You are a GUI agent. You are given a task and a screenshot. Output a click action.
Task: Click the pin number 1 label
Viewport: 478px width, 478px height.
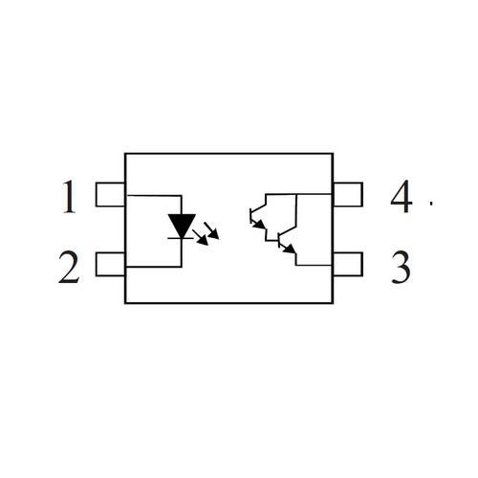tap(70, 197)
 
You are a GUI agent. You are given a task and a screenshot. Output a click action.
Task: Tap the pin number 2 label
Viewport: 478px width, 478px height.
tap(69, 267)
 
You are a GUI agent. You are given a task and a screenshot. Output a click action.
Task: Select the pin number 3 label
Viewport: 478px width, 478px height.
tap(401, 268)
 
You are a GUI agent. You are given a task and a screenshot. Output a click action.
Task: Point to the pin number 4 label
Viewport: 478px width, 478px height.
tap(402, 196)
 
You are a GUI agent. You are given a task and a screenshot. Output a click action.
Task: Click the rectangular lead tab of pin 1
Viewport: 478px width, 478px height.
tap(110, 195)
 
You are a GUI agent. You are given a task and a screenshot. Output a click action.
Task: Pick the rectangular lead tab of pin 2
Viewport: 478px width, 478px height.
tap(110, 265)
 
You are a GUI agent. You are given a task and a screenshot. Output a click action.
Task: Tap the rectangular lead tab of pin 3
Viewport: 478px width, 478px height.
tap(348, 265)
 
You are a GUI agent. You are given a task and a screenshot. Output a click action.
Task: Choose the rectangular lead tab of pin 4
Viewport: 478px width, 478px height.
tap(348, 195)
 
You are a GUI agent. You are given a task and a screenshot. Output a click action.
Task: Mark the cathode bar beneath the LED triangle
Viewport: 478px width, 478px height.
tap(181, 238)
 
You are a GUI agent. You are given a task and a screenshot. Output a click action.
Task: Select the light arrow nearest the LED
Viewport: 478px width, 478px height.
tap(200, 237)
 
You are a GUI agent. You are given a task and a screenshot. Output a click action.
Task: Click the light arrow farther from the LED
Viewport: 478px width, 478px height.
tap(211, 231)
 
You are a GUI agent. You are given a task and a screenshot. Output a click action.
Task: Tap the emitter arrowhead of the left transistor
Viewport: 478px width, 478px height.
tap(260, 225)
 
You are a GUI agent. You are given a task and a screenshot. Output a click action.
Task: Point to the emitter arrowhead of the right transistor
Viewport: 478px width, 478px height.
tap(290, 249)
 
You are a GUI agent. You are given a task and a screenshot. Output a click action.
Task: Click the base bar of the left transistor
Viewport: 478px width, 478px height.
tap(250, 216)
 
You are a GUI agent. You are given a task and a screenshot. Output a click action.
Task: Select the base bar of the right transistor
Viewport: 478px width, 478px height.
tap(279, 240)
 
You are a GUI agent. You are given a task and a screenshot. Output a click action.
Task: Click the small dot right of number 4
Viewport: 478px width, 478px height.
tap(431, 203)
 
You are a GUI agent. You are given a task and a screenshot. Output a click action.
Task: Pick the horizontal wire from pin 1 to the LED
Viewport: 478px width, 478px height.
tap(154, 195)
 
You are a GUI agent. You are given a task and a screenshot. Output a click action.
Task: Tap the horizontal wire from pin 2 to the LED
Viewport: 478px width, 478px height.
tap(154, 267)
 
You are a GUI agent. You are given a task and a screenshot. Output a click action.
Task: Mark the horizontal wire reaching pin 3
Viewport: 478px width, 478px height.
tap(314, 265)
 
